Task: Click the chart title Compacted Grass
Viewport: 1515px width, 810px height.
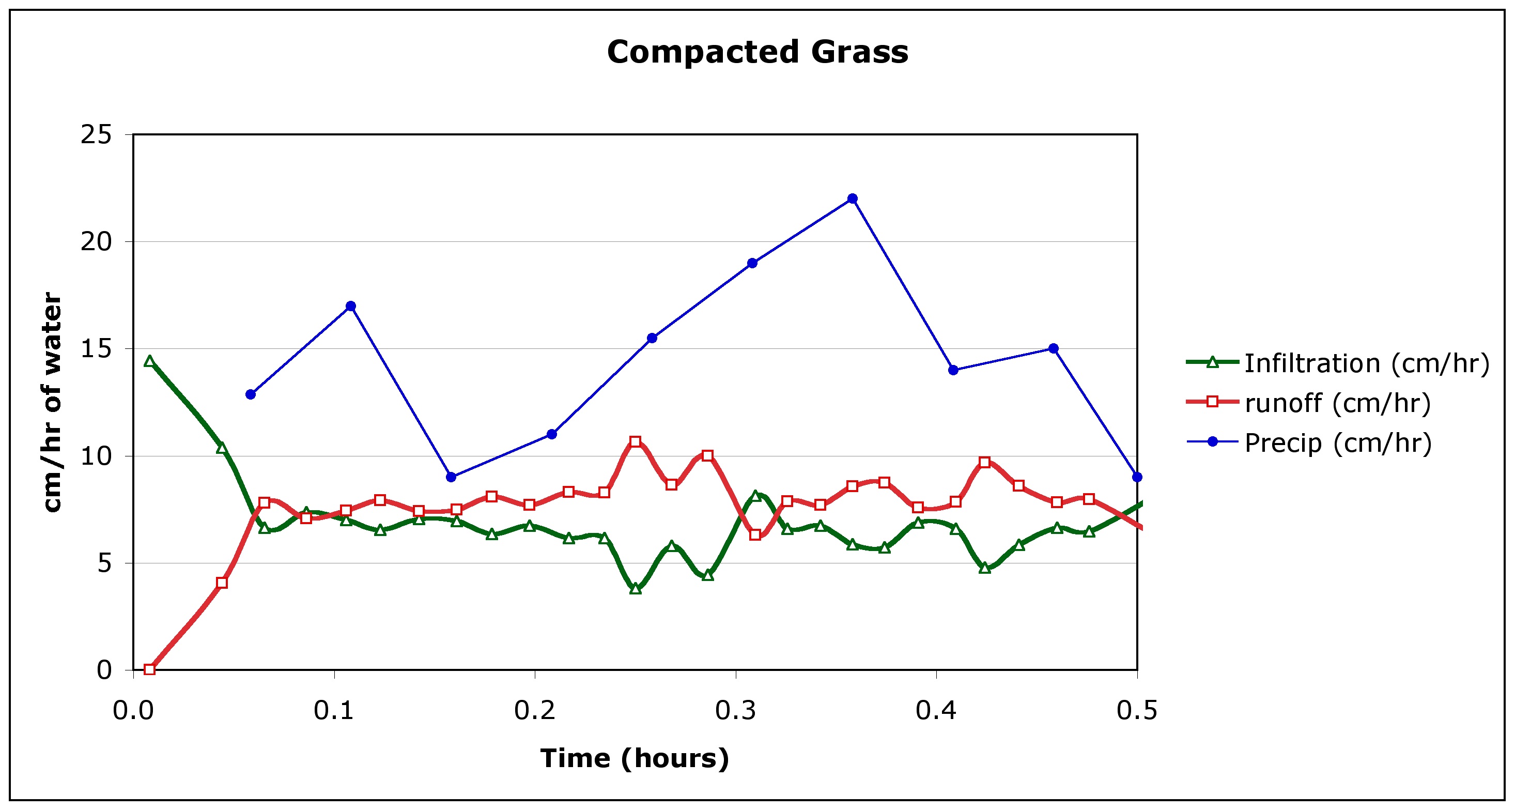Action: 757,52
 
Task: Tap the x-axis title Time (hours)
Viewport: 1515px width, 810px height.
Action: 635,758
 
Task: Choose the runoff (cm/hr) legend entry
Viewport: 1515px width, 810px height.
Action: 1337,403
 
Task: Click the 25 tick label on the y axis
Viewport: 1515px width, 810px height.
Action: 96,135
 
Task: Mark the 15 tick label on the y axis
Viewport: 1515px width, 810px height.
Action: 96,349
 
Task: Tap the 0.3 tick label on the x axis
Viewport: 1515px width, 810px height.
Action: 735,711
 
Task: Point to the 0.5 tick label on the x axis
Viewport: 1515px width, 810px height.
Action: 1137,711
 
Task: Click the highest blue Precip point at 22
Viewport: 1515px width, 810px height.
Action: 852,199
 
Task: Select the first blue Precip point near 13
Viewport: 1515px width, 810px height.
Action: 251,394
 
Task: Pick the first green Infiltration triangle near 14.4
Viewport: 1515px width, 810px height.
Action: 149,361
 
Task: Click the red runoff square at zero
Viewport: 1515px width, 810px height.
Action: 149,669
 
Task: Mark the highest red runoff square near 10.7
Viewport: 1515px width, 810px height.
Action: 635,442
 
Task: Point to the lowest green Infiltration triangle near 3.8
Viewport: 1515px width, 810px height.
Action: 635,588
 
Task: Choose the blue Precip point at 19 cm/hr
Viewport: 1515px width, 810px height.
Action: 752,263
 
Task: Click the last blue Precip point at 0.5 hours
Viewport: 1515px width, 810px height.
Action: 1137,477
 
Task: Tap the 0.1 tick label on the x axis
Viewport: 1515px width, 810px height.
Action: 333,711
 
